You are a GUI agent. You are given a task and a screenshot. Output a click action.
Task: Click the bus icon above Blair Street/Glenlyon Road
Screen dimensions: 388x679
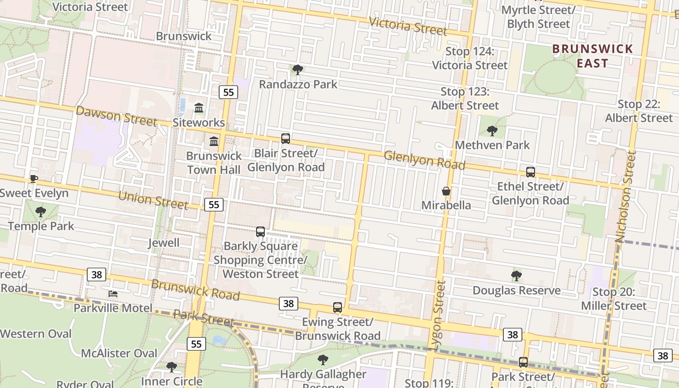286,139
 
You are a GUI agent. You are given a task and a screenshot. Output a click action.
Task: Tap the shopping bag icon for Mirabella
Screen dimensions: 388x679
446,191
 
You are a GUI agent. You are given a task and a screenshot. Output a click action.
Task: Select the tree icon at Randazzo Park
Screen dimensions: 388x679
298,70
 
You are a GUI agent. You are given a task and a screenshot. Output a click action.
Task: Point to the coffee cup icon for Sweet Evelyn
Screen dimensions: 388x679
33,178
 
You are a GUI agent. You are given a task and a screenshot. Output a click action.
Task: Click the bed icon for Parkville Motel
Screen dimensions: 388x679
113,293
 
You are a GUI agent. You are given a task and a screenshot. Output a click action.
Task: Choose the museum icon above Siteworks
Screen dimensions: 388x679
199,108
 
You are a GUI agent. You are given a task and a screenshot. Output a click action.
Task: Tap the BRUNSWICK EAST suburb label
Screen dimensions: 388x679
593,56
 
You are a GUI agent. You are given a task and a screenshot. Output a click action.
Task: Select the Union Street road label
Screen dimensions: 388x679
153,199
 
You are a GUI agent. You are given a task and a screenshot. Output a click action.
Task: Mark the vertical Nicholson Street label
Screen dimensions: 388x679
626,196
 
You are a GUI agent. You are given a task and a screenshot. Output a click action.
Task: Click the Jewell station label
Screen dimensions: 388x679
163,243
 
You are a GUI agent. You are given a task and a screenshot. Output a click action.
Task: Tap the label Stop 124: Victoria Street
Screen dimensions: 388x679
469,58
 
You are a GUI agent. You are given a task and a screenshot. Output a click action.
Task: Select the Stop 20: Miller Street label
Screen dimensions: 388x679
614,299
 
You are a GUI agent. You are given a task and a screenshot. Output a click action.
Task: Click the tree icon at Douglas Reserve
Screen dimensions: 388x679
517,276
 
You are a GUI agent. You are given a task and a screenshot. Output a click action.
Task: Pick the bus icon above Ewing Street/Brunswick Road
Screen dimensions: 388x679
338,307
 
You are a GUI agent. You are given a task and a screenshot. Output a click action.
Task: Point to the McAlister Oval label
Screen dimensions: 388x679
119,353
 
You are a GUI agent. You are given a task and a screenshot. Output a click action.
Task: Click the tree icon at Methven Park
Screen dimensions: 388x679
492,130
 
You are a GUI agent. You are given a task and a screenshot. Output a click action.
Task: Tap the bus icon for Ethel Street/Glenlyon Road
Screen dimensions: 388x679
531,172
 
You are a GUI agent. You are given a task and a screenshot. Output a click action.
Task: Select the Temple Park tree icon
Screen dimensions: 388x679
41,211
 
